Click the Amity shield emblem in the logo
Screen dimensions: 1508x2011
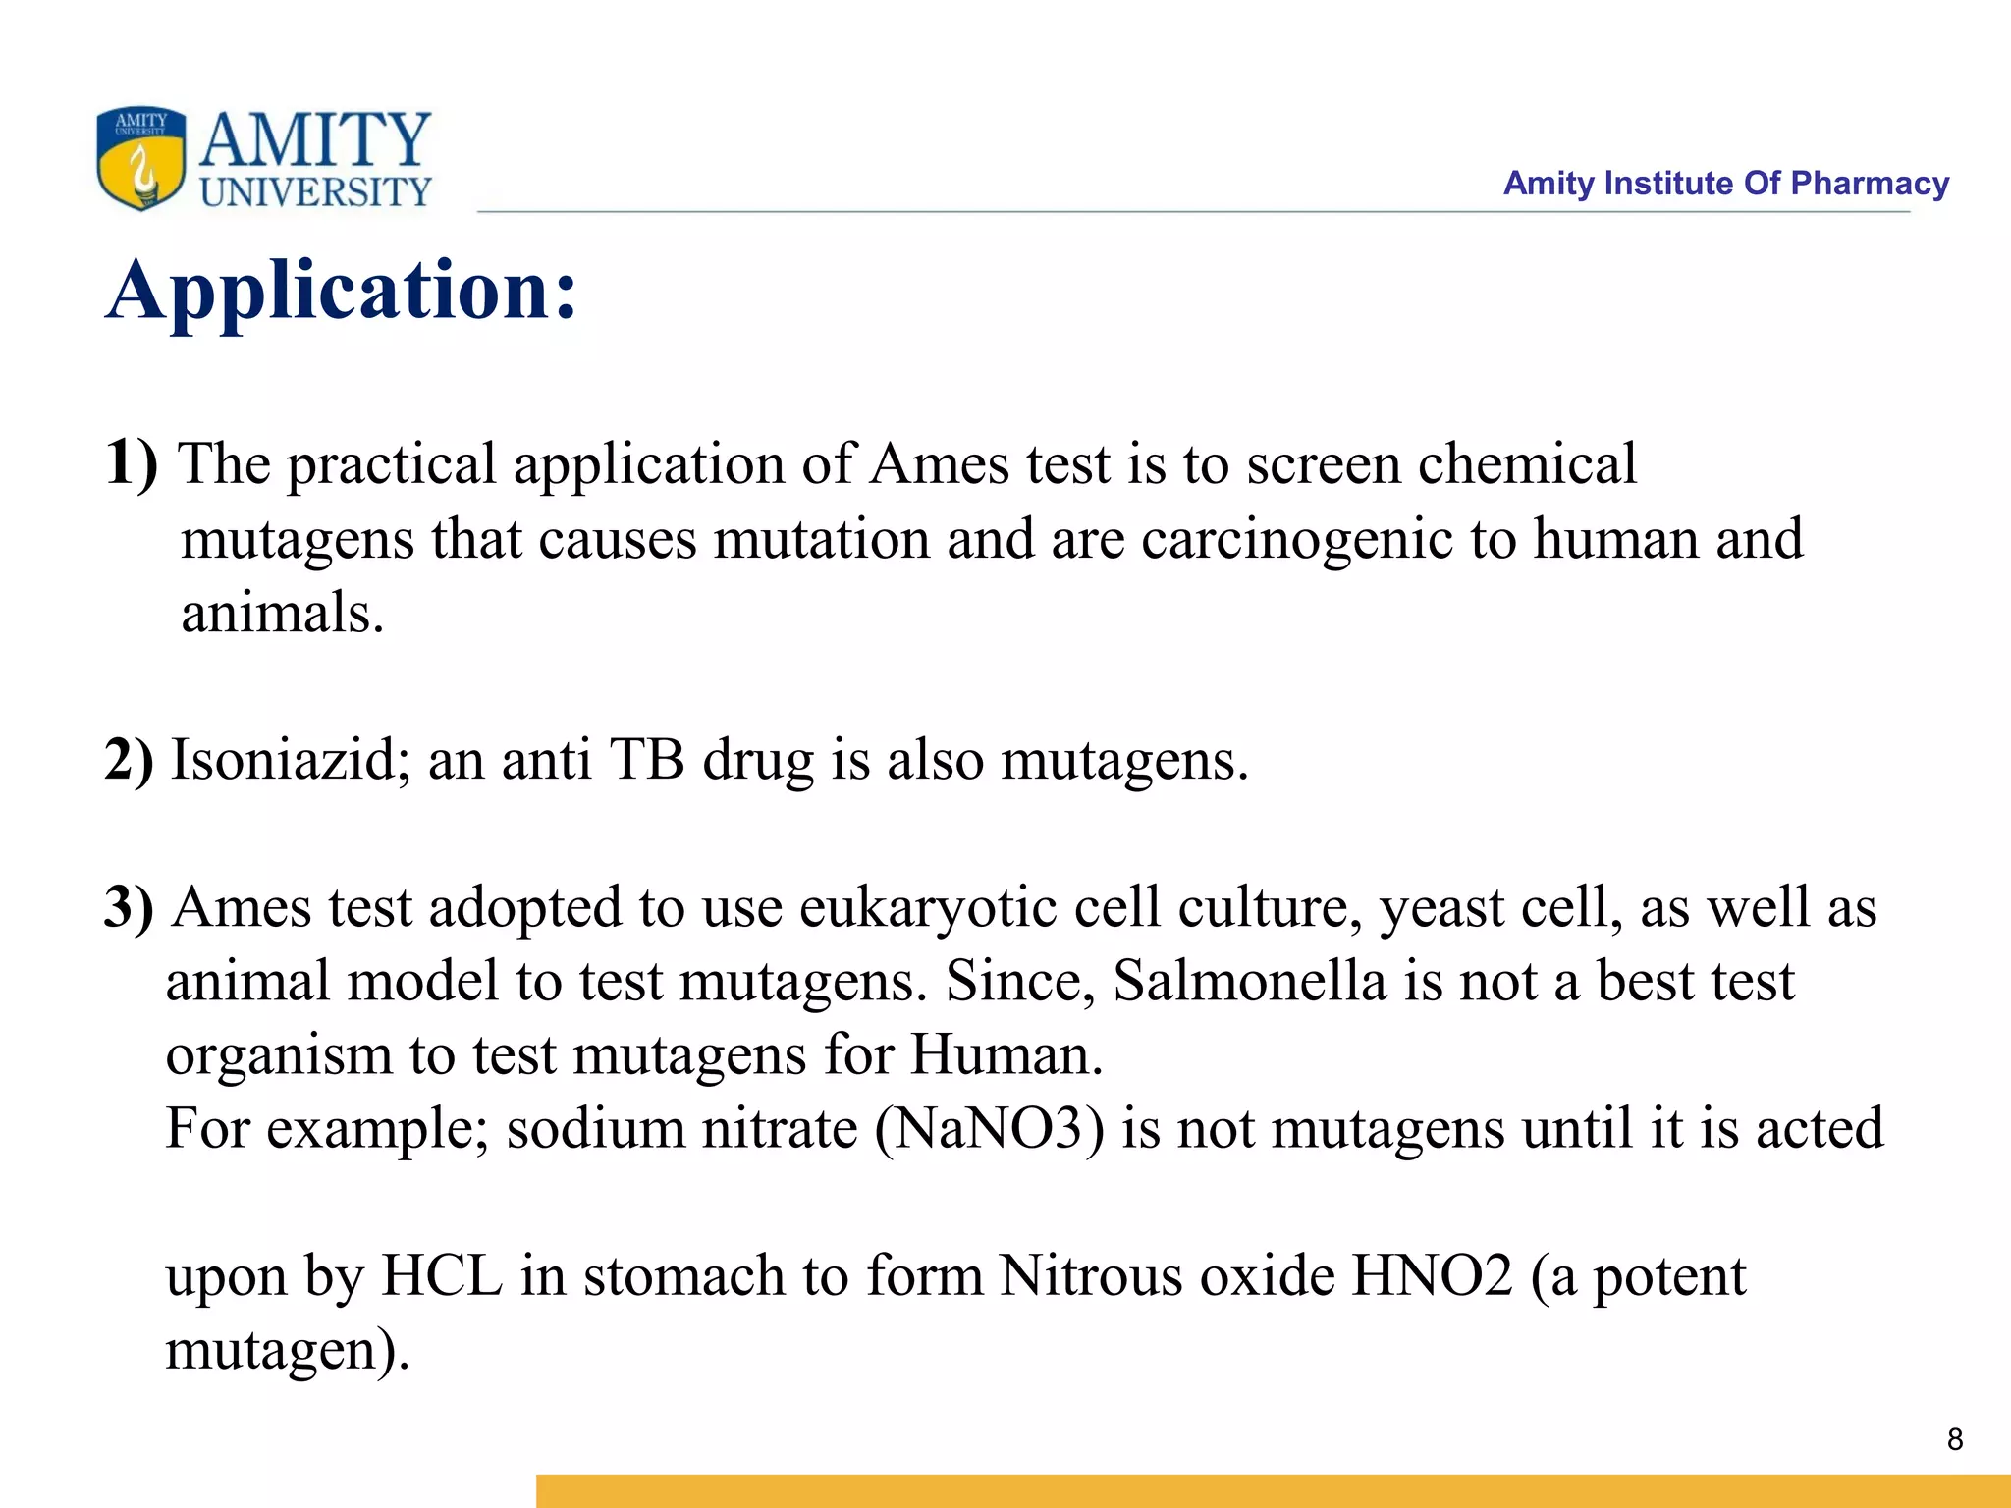pos(140,158)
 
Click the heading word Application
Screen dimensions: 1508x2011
pos(342,292)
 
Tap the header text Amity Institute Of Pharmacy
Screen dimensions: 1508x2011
pos(1725,184)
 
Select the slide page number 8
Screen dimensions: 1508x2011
pos(1954,1439)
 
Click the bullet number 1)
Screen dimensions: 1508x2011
pos(131,461)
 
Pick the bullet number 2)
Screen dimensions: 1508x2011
pos(130,760)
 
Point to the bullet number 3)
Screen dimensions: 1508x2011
pos(130,907)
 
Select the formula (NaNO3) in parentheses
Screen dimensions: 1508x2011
pos(989,1128)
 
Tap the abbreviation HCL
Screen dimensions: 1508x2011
pos(442,1275)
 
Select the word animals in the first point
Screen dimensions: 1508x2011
pos(282,613)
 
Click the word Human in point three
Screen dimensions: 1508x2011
pos(1005,1054)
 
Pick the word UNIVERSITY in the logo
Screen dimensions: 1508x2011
pos(315,191)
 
